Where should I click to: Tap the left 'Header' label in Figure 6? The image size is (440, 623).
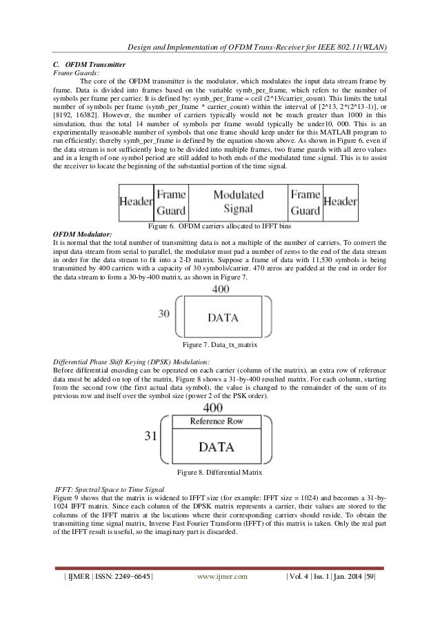point(136,201)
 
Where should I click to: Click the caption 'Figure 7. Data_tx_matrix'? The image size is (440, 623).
point(220,343)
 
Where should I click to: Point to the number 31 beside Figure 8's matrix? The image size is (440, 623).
point(150,437)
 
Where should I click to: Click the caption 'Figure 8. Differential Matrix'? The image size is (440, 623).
point(220,472)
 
